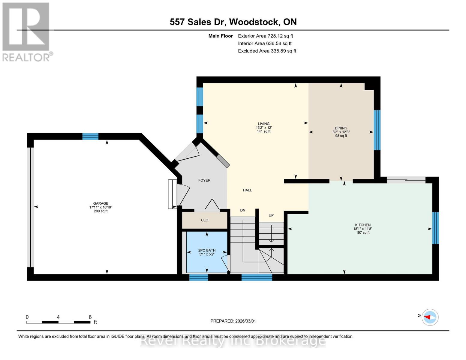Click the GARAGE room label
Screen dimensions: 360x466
pos(101,203)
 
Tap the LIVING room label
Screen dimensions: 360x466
pos(263,124)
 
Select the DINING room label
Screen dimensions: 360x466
pos(341,128)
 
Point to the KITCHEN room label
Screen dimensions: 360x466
pos(362,225)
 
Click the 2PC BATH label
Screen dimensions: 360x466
pos(207,250)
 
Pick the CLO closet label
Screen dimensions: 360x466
pos(205,220)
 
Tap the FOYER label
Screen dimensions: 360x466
pos(204,180)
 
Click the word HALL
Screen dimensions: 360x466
pos(247,190)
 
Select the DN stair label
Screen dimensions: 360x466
pos(242,210)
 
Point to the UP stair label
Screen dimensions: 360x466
pos(271,215)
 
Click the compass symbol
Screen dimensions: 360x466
pos(430,317)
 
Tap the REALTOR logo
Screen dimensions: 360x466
pos(26,32)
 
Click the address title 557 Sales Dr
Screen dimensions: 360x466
pos(233,22)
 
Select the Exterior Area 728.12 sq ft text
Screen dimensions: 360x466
pos(265,36)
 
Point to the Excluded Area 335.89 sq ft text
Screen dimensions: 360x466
pos(267,51)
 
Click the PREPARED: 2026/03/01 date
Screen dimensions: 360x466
pos(233,321)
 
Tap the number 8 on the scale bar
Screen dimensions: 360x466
pos(90,317)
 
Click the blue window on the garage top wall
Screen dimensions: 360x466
pos(90,136)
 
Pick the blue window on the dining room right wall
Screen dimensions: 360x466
pos(377,130)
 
